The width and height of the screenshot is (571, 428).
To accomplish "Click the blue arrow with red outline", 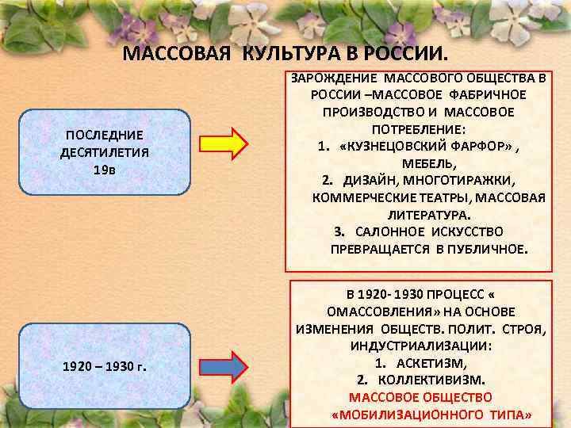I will (232, 366).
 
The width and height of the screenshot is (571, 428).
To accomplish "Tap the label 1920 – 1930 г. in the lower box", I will (104, 366).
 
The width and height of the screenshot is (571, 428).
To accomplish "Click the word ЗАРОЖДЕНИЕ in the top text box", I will (335, 78).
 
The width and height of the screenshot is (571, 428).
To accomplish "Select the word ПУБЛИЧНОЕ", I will (487, 249).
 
